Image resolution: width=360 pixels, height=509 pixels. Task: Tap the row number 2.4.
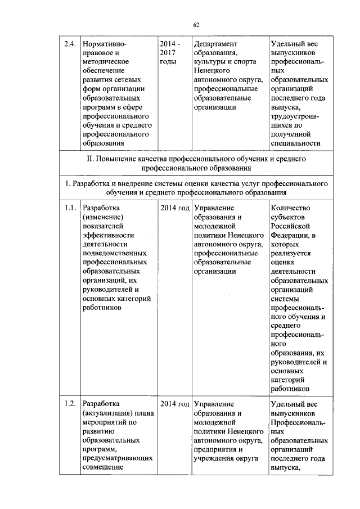tap(69, 43)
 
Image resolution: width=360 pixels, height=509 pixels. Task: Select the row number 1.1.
tap(69, 208)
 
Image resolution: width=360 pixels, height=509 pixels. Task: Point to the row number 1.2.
tap(69, 403)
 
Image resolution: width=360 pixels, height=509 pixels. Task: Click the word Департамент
tap(215, 43)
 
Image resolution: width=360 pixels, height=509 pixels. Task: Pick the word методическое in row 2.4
tap(106, 61)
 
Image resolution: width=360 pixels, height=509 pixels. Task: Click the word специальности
tap(295, 143)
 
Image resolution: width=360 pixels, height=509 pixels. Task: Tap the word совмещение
tap(103, 467)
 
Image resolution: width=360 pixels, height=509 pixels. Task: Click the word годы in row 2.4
tap(168, 61)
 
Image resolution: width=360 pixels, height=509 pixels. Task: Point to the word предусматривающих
tap(118, 458)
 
